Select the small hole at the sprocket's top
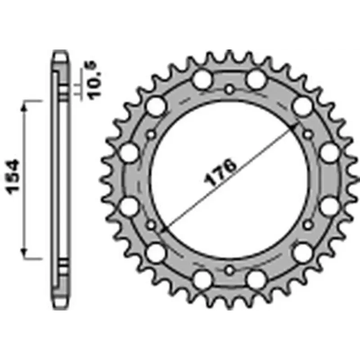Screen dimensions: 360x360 (229, 89)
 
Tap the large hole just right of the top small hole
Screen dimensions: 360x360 (257, 80)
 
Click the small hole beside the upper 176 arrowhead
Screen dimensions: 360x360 (308, 134)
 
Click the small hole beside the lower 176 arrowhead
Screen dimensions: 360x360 (151, 225)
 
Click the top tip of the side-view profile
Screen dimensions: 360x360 (61, 49)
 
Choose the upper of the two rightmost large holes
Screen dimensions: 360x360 (329, 153)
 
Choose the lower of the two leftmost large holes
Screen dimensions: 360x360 (130, 206)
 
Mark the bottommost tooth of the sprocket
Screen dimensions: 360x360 (229, 306)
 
